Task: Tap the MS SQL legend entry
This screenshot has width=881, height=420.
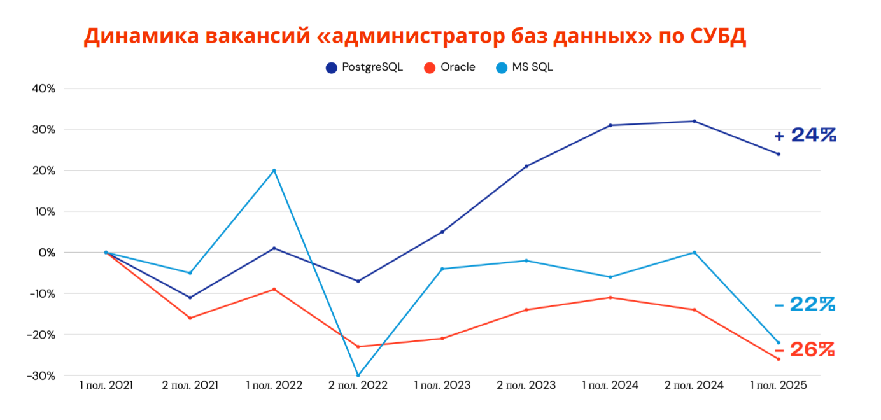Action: point(525,67)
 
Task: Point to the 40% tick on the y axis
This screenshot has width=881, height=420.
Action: point(44,88)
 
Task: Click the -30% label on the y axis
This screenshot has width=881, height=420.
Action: point(41,375)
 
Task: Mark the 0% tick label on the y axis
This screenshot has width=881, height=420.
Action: point(46,253)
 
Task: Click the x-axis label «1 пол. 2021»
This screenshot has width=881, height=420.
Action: point(106,386)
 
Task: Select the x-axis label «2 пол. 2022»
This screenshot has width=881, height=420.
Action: point(358,386)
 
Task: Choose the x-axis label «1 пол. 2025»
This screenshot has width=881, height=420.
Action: point(778,386)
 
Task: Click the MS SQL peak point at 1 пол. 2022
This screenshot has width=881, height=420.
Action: point(274,171)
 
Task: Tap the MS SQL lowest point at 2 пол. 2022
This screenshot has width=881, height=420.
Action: point(358,375)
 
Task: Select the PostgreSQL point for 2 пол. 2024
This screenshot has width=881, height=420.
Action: point(694,122)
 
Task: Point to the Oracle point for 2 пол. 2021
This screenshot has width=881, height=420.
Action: point(190,318)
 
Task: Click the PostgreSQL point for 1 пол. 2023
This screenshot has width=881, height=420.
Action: point(442,232)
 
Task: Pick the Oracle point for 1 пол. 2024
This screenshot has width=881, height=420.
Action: point(610,298)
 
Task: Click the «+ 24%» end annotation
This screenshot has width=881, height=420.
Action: point(805,136)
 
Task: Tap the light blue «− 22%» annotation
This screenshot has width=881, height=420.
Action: point(805,305)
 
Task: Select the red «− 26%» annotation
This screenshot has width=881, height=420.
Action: point(805,349)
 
